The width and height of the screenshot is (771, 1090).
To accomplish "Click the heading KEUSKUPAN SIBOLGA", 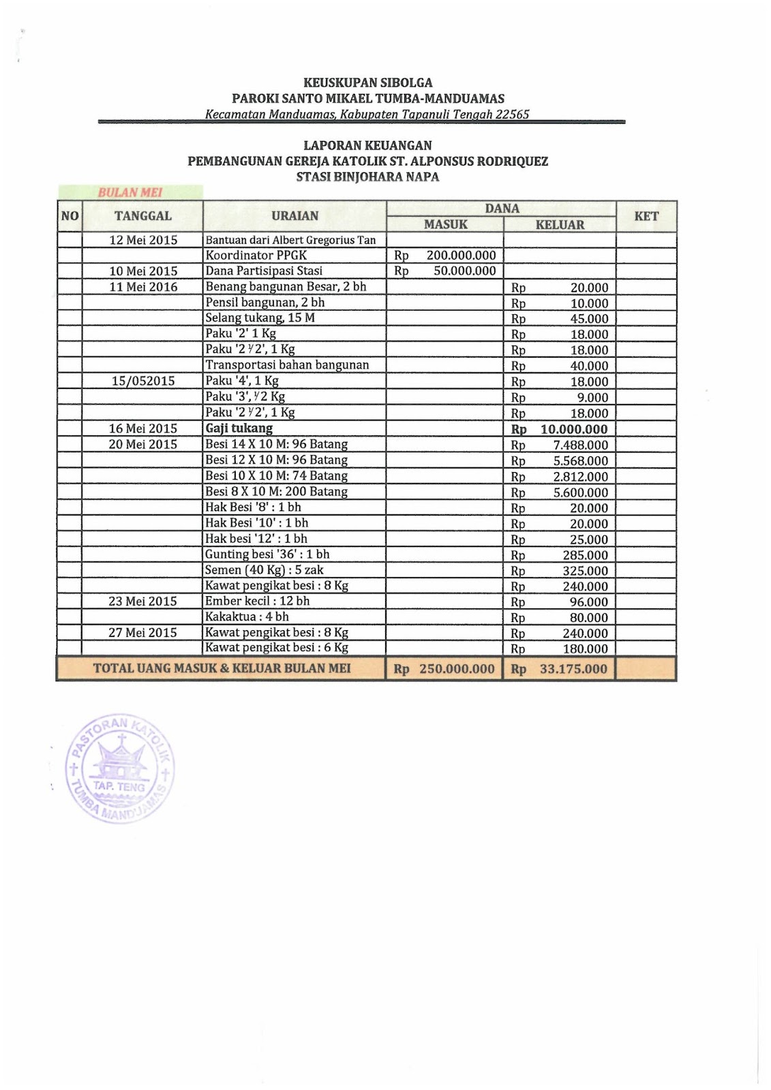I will (367, 83).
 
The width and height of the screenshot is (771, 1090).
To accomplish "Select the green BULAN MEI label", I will (130, 193).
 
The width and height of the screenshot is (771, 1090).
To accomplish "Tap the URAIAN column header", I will (294, 216).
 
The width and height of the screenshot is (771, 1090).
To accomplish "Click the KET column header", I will (646, 217).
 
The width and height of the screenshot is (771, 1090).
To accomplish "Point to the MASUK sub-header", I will (446, 225).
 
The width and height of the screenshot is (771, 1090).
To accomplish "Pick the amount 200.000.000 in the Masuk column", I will (461, 255).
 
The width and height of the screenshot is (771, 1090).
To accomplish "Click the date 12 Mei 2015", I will (143, 240).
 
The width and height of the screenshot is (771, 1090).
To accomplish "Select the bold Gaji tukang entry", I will (239, 429).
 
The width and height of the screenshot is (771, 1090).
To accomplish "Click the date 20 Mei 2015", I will (142, 444).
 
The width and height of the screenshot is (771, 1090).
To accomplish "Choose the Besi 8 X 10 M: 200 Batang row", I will (276, 491).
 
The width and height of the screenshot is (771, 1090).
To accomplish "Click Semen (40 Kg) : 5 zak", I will (264, 570).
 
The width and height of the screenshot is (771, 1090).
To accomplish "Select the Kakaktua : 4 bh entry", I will (247, 617).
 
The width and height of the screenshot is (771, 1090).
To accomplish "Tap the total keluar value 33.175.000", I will (573, 669).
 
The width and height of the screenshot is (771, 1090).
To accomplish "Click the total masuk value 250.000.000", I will (457, 669).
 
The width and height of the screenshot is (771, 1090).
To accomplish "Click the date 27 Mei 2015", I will (142, 632).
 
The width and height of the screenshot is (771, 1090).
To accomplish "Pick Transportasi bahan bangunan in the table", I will (287, 365).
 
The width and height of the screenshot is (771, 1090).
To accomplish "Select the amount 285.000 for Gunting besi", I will (585, 555).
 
